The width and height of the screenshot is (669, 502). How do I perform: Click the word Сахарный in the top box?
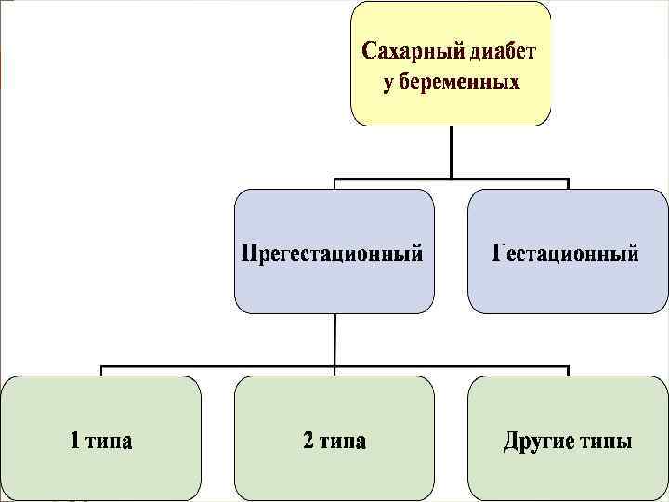pyautogui.click(x=406, y=49)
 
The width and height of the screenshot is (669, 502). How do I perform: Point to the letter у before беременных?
pyautogui.click(x=389, y=84)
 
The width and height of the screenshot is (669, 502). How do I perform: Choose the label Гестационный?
pyautogui.click(x=566, y=253)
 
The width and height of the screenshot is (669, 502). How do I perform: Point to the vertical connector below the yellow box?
pyautogui.click(x=451, y=151)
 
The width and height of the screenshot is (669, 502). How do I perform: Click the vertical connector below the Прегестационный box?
pyautogui.click(x=334, y=338)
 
